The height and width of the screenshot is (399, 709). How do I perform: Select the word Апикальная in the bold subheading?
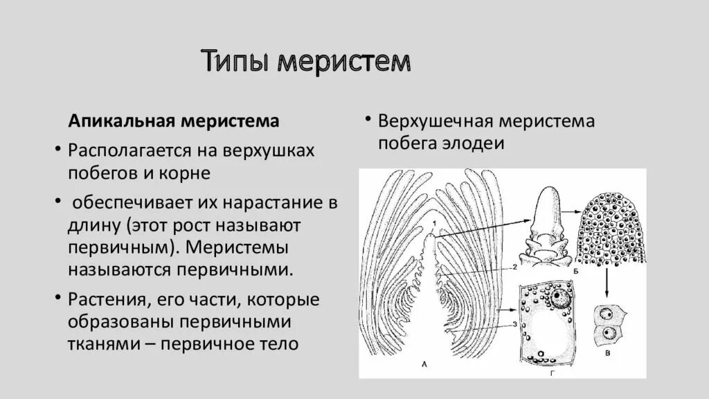[118, 121]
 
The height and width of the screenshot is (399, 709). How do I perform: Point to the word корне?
[188, 172]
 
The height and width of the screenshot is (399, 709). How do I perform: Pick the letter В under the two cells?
[607, 354]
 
